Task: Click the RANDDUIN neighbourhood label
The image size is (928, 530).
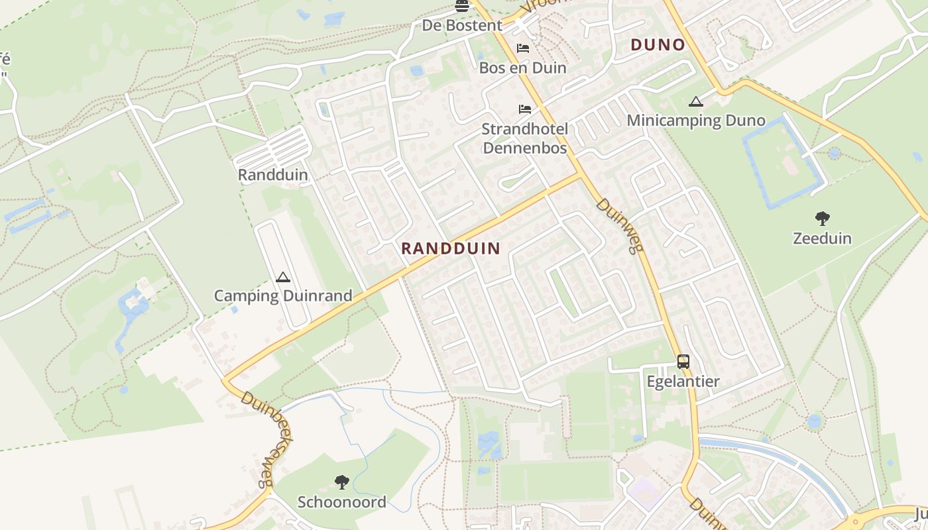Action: pyautogui.click(x=450, y=248)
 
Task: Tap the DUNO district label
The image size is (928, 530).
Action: pyautogui.click(x=658, y=44)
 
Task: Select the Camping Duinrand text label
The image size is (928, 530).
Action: pyautogui.click(x=283, y=295)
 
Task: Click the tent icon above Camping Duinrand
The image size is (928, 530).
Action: pyautogui.click(x=283, y=277)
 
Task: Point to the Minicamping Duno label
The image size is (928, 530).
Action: pyautogui.click(x=696, y=121)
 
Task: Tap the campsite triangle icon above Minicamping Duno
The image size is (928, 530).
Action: pyautogui.click(x=695, y=101)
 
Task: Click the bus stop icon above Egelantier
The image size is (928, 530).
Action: pyautogui.click(x=683, y=362)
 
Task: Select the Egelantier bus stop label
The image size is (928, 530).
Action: pyautogui.click(x=683, y=382)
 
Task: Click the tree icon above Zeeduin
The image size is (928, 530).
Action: pyautogui.click(x=823, y=218)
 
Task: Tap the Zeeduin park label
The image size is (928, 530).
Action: pyautogui.click(x=823, y=238)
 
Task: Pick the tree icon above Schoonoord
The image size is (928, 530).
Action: pyautogui.click(x=342, y=482)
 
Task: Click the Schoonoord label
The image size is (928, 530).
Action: pyautogui.click(x=342, y=502)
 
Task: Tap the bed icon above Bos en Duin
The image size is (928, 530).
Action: pyautogui.click(x=523, y=48)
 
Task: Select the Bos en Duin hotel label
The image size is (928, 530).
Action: pyautogui.click(x=523, y=68)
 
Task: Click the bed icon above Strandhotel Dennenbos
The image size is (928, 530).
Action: pyautogui.click(x=525, y=109)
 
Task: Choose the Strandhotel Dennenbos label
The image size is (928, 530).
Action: pyautogui.click(x=525, y=138)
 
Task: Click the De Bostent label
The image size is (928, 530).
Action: pyautogui.click(x=462, y=25)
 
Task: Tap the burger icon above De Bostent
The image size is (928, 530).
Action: pyautogui.click(x=462, y=6)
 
